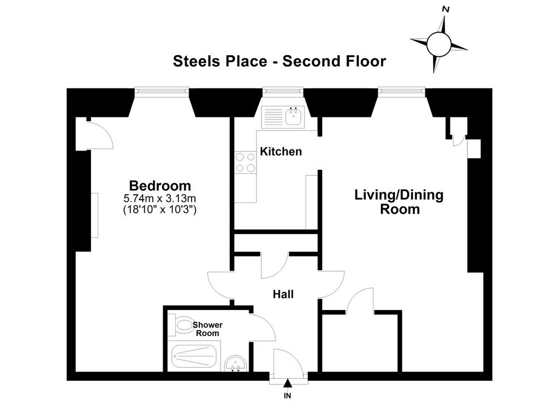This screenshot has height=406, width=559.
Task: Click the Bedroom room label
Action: click(160, 186)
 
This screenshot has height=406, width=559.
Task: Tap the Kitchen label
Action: click(281, 152)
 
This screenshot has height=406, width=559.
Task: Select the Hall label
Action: click(283, 295)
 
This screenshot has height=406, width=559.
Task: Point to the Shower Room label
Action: click(207, 329)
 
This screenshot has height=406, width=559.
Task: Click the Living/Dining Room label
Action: click(399, 202)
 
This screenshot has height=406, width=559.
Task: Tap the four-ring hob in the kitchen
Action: click(245, 163)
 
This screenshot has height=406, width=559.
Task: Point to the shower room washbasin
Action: click(235, 363)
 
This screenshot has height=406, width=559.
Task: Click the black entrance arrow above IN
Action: click(288, 384)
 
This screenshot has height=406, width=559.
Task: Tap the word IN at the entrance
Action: click(287, 396)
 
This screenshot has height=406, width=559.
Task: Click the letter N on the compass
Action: click(445, 10)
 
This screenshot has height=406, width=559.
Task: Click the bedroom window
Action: click(162, 92)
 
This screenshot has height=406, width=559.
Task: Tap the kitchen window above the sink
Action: click(283, 92)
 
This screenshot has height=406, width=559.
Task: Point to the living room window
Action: click(402, 92)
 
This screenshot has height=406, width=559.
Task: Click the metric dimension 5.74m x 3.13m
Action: click(160, 198)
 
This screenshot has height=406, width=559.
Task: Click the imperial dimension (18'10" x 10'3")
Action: click(160, 209)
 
